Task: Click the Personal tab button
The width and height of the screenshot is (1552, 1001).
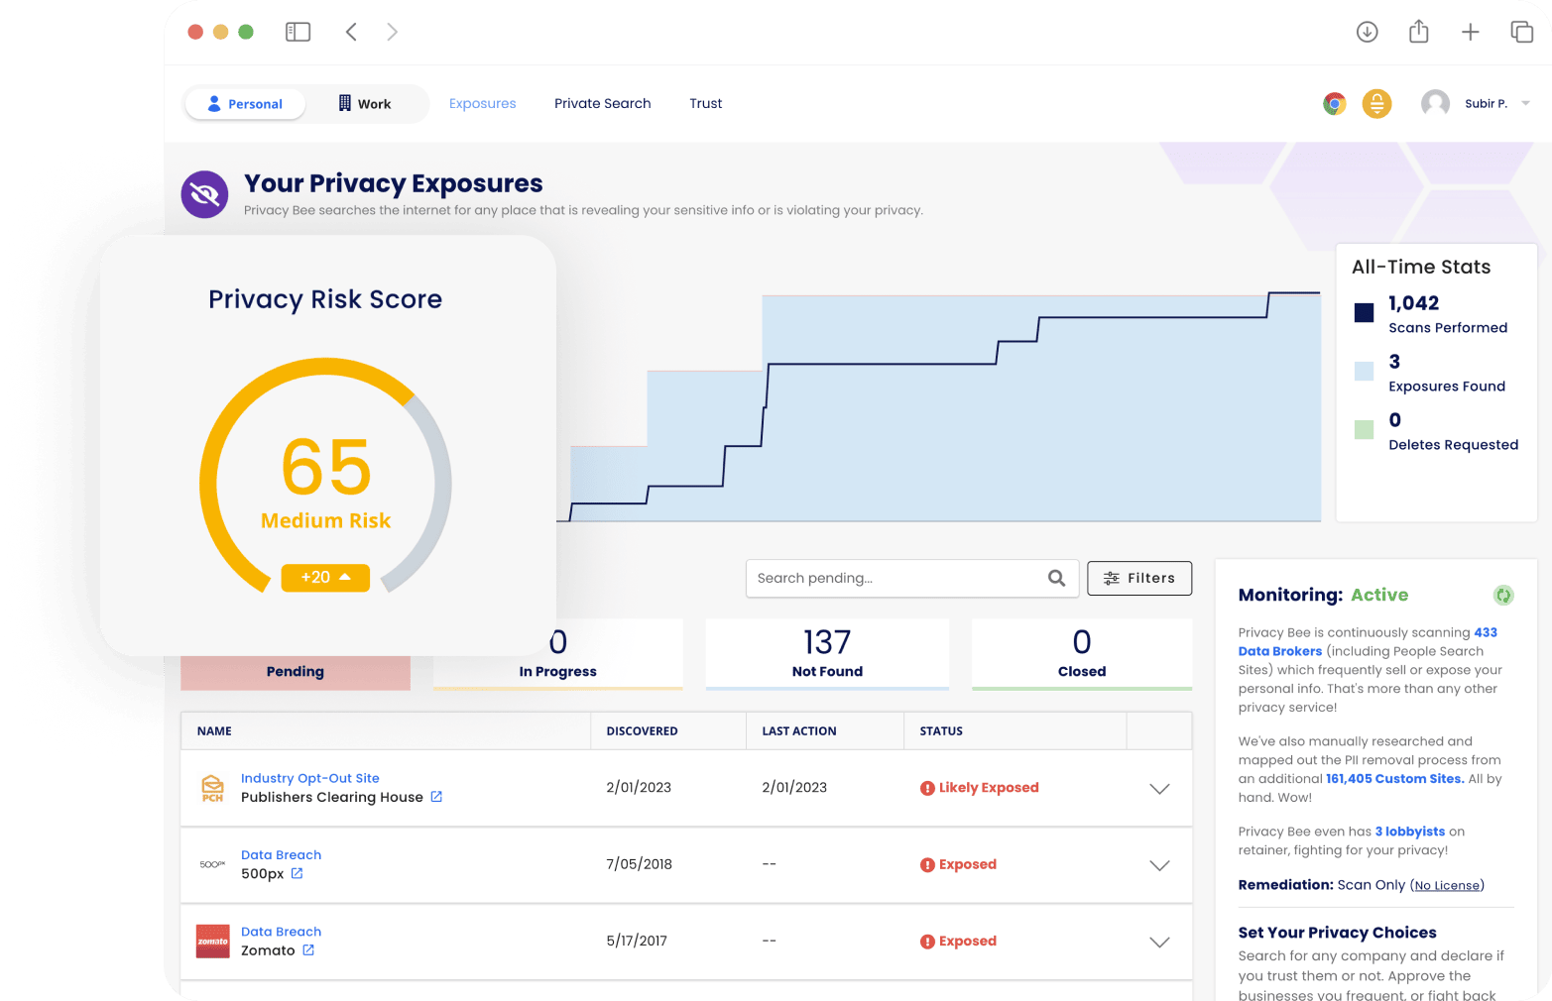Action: pyautogui.click(x=245, y=104)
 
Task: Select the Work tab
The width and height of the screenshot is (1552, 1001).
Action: pyautogui.click(x=365, y=104)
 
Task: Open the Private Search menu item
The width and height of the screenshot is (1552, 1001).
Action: pyautogui.click(x=602, y=103)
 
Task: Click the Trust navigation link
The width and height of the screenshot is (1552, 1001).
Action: pyautogui.click(x=705, y=103)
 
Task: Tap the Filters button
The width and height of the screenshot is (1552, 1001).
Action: pyautogui.click(x=1138, y=578)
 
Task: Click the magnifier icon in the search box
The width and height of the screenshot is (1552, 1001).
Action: pyautogui.click(x=1056, y=578)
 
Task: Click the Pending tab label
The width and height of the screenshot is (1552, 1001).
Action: pyautogui.click(x=295, y=672)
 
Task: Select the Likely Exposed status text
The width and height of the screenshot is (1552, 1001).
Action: pyautogui.click(x=988, y=788)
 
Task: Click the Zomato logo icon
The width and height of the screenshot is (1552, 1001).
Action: pyautogui.click(x=212, y=942)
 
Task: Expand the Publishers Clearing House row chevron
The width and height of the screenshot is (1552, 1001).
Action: pyautogui.click(x=1158, y=789)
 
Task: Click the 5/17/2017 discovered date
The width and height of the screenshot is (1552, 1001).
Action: pyautogui.click(x=637, y=941)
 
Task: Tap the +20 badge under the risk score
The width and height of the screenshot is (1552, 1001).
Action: pyautogui.click(x=325, y=577)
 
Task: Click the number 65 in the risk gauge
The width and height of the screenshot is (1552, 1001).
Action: pyautogui.click(x=326, y=468)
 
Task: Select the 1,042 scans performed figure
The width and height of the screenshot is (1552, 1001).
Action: pyautogui.click(x=1413, y=303)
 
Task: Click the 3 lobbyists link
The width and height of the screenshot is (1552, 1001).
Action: pyautogui.click(x=1409, y=832)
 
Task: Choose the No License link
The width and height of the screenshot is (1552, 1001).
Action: pyautogui.click(x=1447, y=886)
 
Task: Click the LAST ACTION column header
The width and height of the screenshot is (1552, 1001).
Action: pyautogui.click(x=798, y=731)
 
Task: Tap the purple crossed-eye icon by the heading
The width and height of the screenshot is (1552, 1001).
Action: pyautogui.click(x=204, y=194)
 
